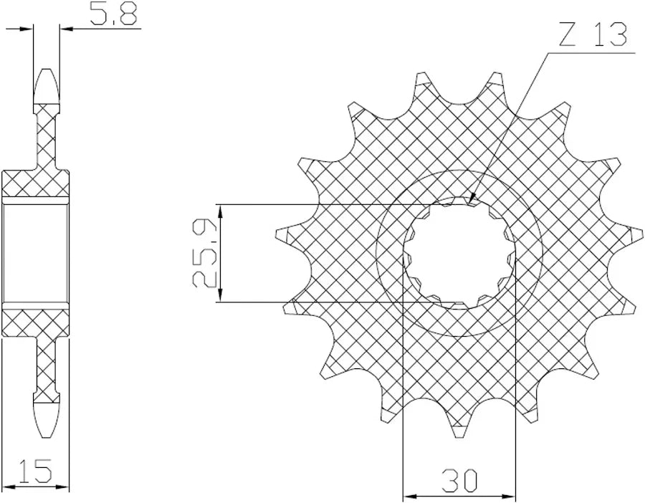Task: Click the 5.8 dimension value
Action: click(113, 14)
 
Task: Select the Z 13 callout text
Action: click(593, 34)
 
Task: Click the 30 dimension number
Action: click(459, 480)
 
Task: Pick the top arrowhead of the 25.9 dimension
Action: click(221, 212)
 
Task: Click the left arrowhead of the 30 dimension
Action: click(411, 495)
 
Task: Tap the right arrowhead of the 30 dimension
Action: click(507, 495)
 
